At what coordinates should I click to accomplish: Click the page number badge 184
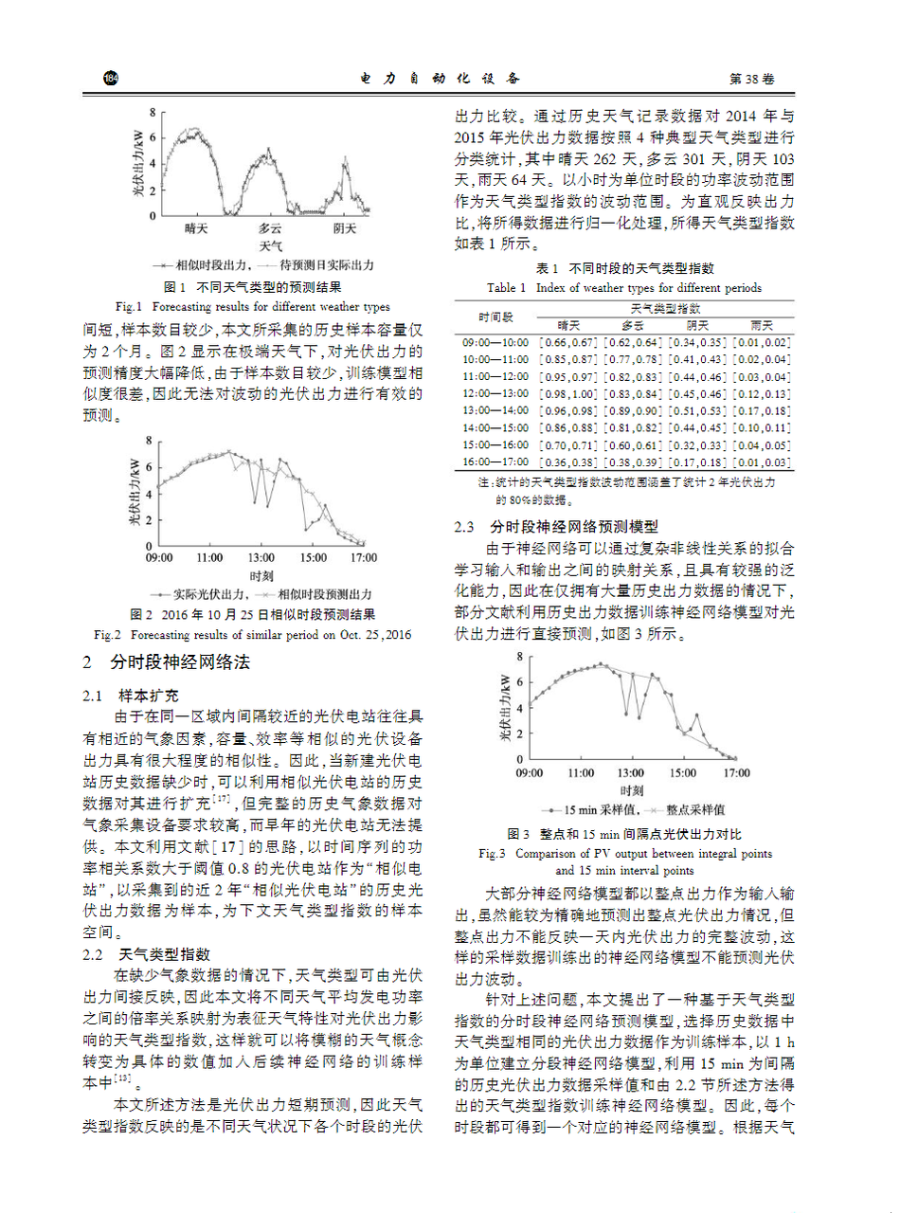[111, 78]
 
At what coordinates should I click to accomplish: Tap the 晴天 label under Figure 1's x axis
[196, 228]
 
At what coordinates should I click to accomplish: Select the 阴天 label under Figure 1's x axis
[345, 228]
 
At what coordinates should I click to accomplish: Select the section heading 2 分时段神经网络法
[167, 662]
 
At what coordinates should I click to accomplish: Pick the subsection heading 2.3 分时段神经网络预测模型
[556, 526]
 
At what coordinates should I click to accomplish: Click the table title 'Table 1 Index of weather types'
[623, 288]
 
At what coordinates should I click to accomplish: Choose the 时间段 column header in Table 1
[495, 317]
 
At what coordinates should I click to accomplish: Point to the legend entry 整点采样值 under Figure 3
[695, 811]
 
